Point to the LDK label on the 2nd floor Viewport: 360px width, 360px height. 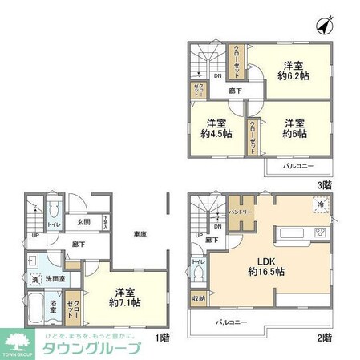pos(268,258)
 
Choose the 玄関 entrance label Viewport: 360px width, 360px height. pos(84,222)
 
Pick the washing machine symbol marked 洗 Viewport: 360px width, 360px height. pos(34,278)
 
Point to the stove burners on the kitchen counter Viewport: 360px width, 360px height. pos(318,233)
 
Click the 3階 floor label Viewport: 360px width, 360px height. pos(323,184)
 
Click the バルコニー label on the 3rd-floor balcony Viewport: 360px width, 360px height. pos(297,166)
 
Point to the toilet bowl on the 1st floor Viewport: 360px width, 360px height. pos(52,210)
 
